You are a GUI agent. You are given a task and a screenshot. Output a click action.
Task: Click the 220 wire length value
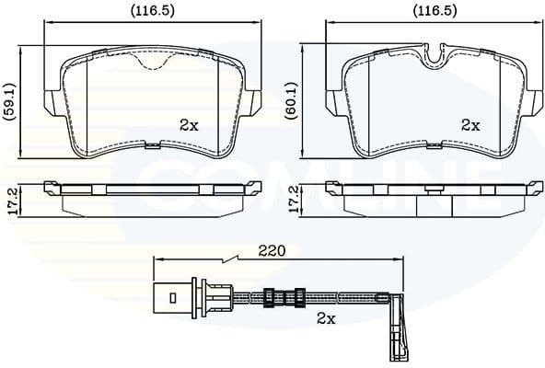(x=272, y=249)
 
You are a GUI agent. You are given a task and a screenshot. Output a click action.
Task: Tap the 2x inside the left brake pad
(x=189, y=124)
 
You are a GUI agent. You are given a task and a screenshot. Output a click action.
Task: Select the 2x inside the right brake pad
(x=470, y=124)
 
